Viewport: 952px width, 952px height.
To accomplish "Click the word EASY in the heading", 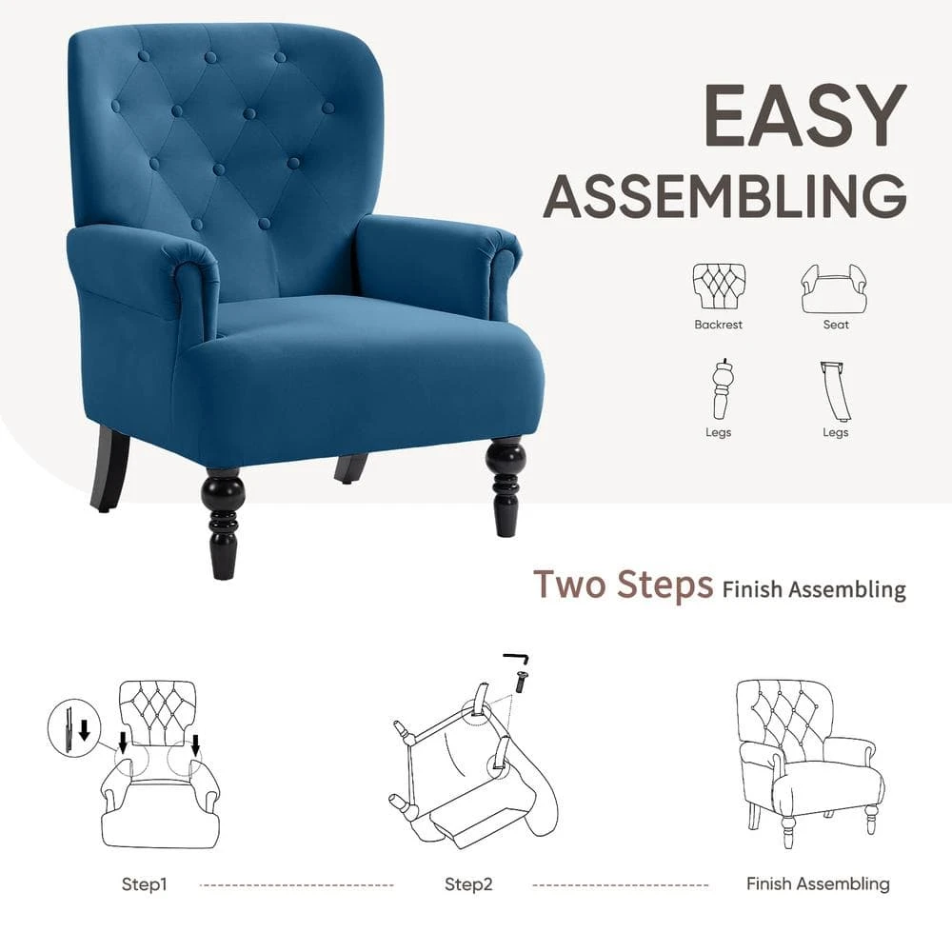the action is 804,115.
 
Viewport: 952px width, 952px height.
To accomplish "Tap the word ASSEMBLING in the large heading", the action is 724,195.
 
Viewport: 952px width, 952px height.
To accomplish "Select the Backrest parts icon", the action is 719,286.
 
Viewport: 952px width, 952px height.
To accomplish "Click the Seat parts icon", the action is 835,288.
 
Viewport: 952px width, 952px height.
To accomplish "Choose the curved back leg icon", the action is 835,391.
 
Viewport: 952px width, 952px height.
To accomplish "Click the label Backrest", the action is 718,325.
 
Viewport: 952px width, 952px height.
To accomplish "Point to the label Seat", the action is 836,325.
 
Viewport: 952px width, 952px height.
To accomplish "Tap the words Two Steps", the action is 623,585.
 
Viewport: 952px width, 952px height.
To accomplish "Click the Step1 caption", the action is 144,884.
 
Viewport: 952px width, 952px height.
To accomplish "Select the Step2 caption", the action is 468,884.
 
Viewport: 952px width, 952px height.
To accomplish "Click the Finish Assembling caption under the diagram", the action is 818,884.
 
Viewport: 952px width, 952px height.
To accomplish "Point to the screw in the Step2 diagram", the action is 520,682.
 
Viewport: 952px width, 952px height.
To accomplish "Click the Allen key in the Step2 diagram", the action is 516,658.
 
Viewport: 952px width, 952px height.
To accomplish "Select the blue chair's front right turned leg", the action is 505,486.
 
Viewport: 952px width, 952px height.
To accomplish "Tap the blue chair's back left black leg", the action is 109,468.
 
